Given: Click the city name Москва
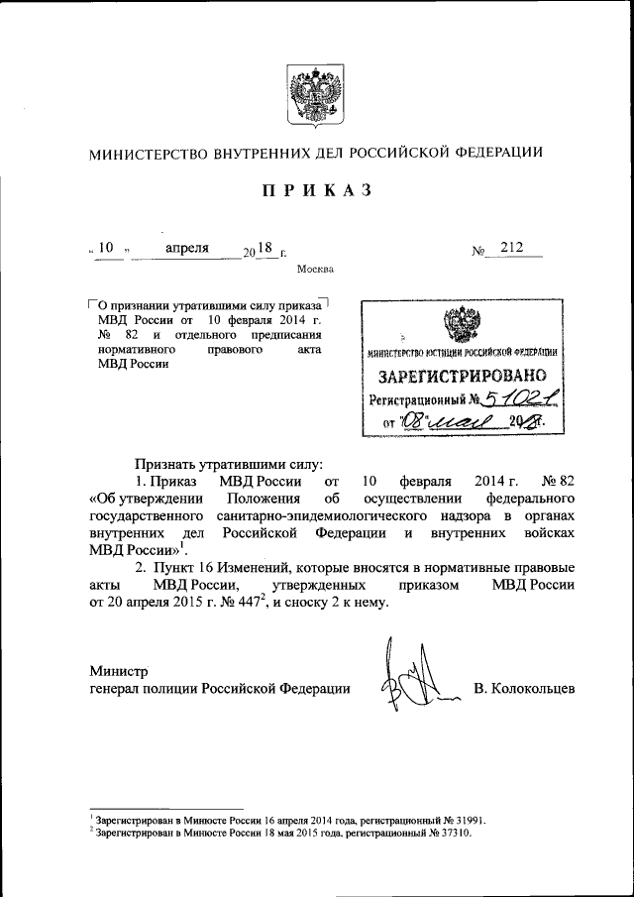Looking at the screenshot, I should point(315,269).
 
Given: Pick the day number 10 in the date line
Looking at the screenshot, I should point(107,248).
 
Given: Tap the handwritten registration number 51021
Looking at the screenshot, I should point(513,400).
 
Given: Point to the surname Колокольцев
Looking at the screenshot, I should point(524,689).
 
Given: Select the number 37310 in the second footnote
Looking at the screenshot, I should point(452,834).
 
